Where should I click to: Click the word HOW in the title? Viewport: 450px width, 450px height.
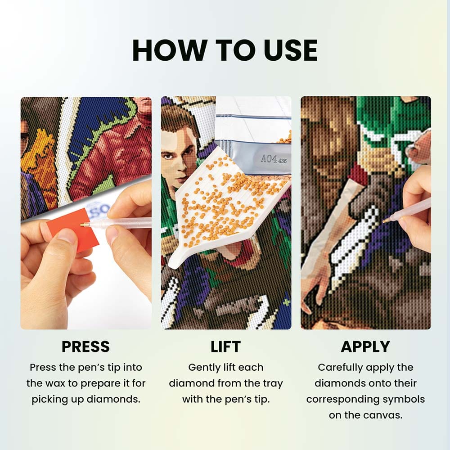tap(169, 50)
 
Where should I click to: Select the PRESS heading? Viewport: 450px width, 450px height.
tap(85, 346)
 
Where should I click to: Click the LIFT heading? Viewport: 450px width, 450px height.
tap(225, 346)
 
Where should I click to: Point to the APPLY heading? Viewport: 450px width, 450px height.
tap(365, 346)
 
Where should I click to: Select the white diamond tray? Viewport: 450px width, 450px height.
tap(227, 207)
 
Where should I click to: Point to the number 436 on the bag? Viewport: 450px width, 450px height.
tap(283, 161)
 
